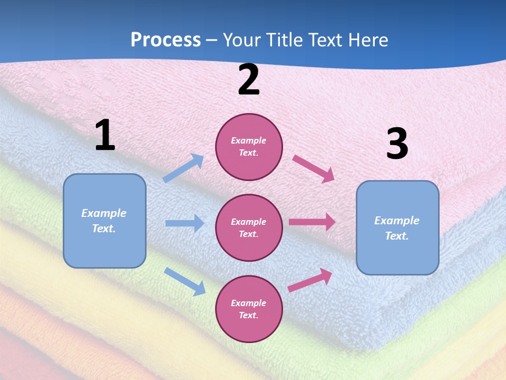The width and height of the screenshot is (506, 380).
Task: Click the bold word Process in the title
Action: coord(166,40)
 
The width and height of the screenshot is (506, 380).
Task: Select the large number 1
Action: coord(105,136)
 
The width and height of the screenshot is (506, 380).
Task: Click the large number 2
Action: coord(249,80)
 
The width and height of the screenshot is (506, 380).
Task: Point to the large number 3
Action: coord(397,144)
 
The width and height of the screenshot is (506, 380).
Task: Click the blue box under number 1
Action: coord(104,221)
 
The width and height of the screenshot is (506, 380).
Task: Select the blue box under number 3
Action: coord(397,228)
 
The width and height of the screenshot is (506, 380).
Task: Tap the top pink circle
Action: coord(249,147)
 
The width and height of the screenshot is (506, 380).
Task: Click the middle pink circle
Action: coord(249,227)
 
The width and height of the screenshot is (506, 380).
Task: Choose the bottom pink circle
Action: coord(249,309)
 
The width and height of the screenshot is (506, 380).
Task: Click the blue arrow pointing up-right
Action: coord(183,168)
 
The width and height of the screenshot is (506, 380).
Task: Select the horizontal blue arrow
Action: coord(184,223)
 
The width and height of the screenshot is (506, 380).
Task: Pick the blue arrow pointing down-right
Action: coord(184,281)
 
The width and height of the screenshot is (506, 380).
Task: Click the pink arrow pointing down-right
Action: coord(314,168)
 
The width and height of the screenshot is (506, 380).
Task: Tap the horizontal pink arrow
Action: coord(312,222)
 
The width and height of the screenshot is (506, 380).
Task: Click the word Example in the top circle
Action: coord(248,141)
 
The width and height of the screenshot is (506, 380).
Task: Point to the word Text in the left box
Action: coord(103,229)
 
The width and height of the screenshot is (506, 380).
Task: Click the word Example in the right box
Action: coord(397,221)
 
